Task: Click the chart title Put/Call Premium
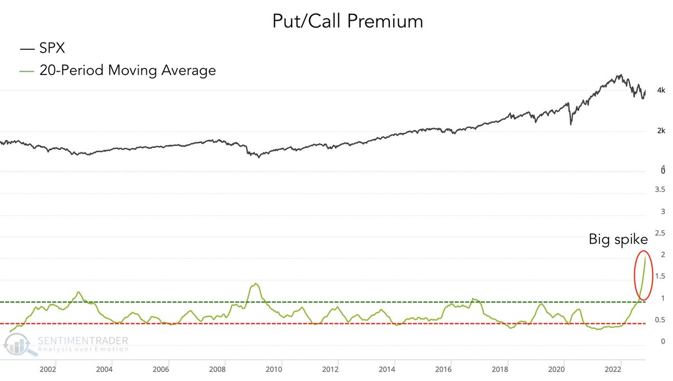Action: (347, 21)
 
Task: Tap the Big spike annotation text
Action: (618, 240)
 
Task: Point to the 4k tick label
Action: (661, 90)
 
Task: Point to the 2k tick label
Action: (661, 131)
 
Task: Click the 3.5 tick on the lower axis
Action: (660, 190)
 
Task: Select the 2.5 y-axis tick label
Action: (660, 233)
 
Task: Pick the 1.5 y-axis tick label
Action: (660, 277)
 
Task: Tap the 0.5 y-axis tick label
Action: (660, 320)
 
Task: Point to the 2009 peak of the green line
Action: (256, 284)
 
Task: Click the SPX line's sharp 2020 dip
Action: (571, 123)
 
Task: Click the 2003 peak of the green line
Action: (79, 292)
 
